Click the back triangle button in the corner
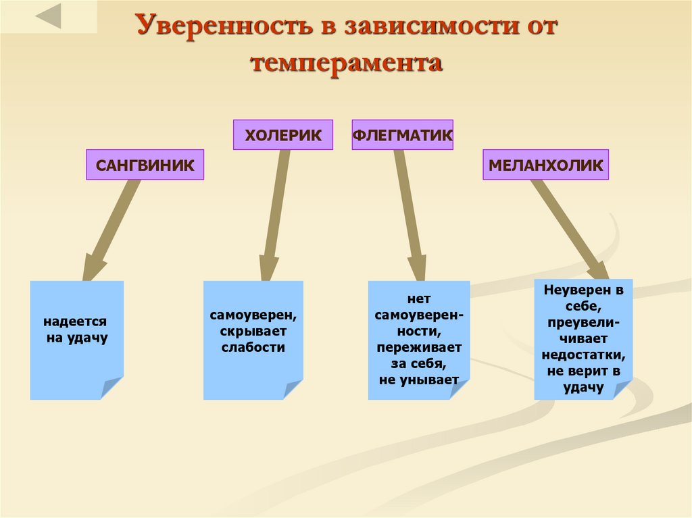coord(48,16)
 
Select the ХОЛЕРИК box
coord(283,135)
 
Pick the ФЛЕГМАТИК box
coord(402,135)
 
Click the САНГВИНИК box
coord(145,165)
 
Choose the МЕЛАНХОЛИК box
coord(545,165)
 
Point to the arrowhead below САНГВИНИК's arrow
coord(93,267)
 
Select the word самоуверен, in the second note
coord(253,315)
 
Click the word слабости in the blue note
coord(253,347)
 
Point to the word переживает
coord(419,347)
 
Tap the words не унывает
coord(419,380)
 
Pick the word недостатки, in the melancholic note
coord(583,355)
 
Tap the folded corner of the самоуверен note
coord(293,390)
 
